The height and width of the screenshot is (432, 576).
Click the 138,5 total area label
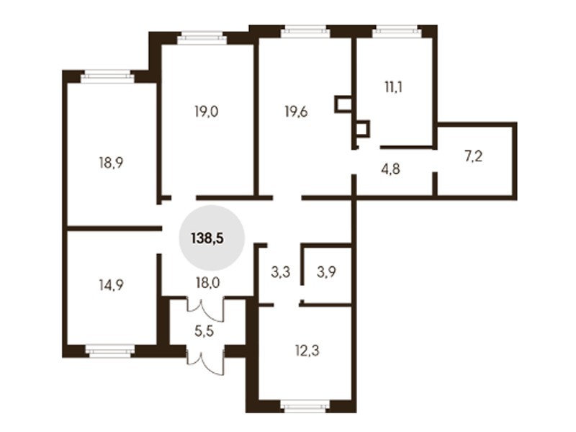pyautogui.click(x=207, y=239)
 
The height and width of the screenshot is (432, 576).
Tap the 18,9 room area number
pyautogui.click(x=111, y=163)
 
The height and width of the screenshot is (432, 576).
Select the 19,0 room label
pyautogui.click(x=206, y=111)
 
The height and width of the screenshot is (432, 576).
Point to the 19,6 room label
pyautogui.click(x=296, y=112)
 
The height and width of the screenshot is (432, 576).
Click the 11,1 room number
pyautogui.click(x=393, y=87)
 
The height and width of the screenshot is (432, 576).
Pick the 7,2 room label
pyautogui.click(x=474, y=156)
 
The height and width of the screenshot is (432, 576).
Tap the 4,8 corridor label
pyautogui.click(x=390, y=169)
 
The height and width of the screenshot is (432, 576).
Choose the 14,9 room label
pyautogui.click(x=111, y=284)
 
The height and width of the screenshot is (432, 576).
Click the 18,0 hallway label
pyautogui.click(x=207, y=283)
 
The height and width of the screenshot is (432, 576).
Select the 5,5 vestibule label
pyautogui.click(x=204, y=331)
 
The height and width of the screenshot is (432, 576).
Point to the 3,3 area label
pyautogui.click(x=281, y=272)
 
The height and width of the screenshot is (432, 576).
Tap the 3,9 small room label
pyautogui.click(x=326, y=272)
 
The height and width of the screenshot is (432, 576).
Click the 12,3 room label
pyautogui.click(x=307, y=351)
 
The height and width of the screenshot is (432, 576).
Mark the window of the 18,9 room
pyautogui.click(x=107, y=76)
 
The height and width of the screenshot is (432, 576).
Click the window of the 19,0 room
pyautogui.click(x=202, y=38)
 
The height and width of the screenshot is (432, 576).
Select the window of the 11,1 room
pyautogui.click(x=397, y=32)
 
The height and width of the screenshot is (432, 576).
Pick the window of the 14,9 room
pyautogui.click(x=110, y=351)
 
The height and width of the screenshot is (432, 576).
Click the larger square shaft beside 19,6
pyautogui.click(x=343, y=104)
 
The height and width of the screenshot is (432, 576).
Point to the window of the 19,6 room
pyautogui.click(x=305, y=32)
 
